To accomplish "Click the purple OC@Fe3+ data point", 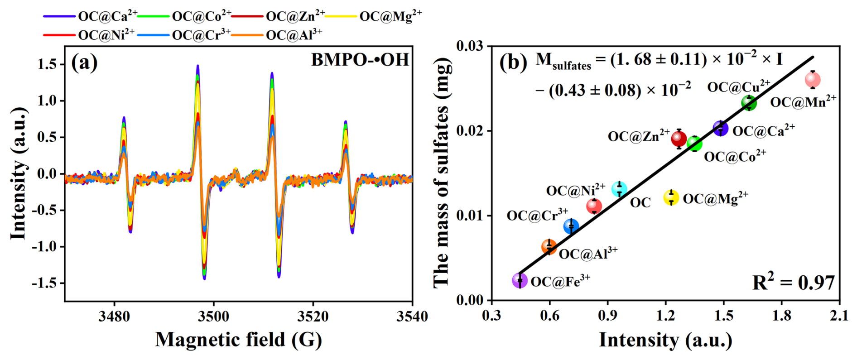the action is tap(520, 281).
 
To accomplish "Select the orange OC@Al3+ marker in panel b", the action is tap(549, 247).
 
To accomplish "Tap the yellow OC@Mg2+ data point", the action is tap(671, 197).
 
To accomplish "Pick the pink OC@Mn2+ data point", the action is tap(813, 80).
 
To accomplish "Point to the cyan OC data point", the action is tap(619, 189).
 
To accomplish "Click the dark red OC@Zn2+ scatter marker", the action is tap(679, 139).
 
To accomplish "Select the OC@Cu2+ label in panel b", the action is tap(739, 86).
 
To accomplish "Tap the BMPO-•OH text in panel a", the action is tap(360, 60).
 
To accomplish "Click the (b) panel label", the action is tap(513, 62).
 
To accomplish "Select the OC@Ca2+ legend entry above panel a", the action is tap(91, 16).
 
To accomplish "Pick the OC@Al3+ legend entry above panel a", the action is tap(278, 34).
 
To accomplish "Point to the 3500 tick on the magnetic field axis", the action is tap(213, 316).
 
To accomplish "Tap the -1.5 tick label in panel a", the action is tap(44, 283).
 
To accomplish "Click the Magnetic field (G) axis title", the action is tap(239, 340).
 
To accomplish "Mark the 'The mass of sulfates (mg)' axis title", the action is tap(442, 173).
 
